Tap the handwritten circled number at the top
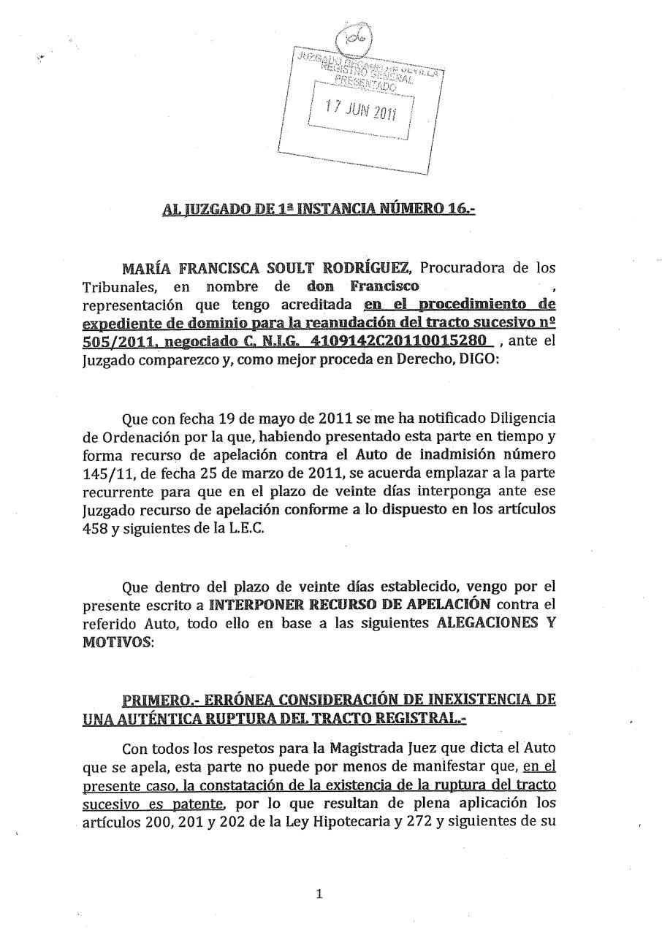pos(355,35)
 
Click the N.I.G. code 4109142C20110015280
pos(408,340)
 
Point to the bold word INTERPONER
pos(252,604)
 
